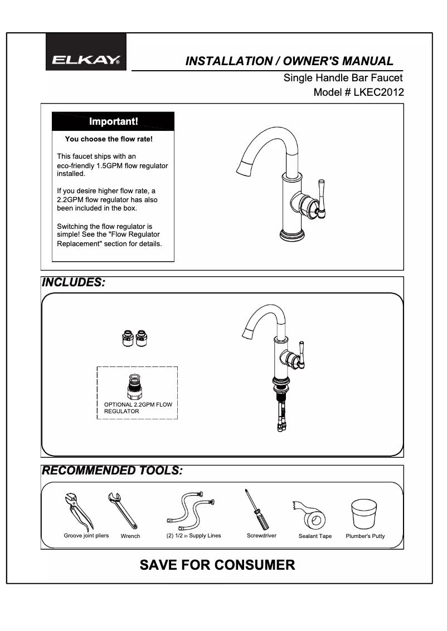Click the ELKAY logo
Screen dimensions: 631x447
tap(86, 60)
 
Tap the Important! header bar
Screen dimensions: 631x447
tap(113, 121)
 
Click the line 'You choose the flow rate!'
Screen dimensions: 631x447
tap(109, 139)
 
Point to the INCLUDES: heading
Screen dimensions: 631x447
tap(74, 282)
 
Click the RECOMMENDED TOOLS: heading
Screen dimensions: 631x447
tap(112, 471)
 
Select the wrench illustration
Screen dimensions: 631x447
tap(123, 510)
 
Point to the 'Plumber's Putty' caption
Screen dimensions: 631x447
tap(365, 536)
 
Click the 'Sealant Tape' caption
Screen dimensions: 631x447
tap(315, 536)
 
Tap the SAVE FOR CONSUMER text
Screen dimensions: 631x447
tap(217, 565)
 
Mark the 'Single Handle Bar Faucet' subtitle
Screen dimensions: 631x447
tap(343, 78)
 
